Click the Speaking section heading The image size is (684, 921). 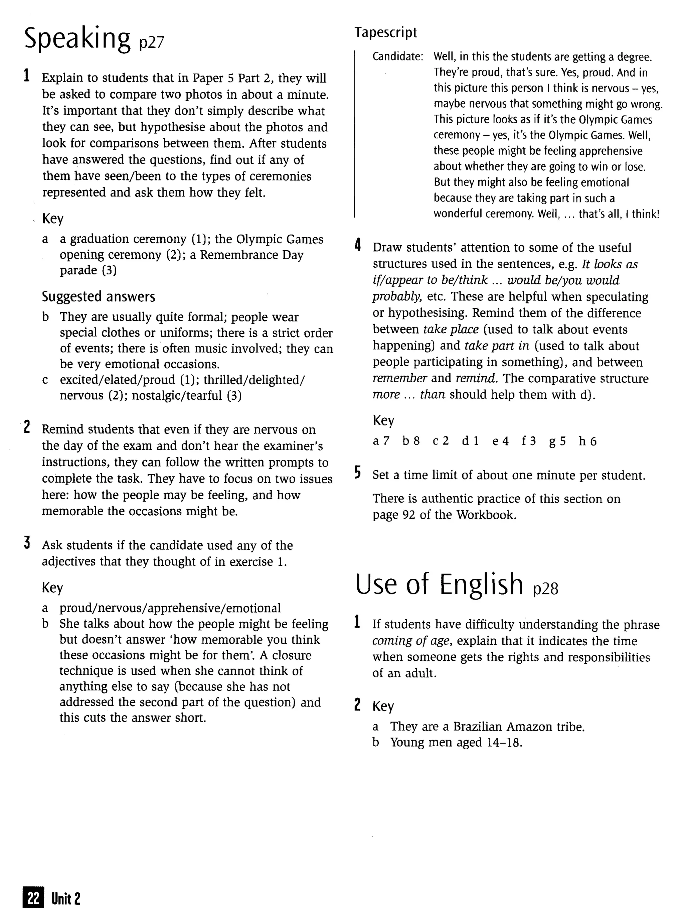coord(77,38)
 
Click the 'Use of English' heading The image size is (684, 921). coord(439,584)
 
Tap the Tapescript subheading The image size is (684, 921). coord(385,32)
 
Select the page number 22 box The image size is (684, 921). coord(33,899)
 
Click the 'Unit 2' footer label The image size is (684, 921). coord(66,899)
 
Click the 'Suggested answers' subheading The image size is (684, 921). coord(99,297)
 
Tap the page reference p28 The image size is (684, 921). coord(546,588)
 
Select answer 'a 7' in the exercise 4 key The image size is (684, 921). coord(381,441)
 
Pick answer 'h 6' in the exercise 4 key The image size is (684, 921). coord(587,441)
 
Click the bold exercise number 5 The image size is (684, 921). coord(358,473)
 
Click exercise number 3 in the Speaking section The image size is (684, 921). coord(27,543)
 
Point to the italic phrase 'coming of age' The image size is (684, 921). coord(410,641)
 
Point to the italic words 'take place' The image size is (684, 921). coord(451,330)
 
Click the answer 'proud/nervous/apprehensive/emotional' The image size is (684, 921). coord(170,608)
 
